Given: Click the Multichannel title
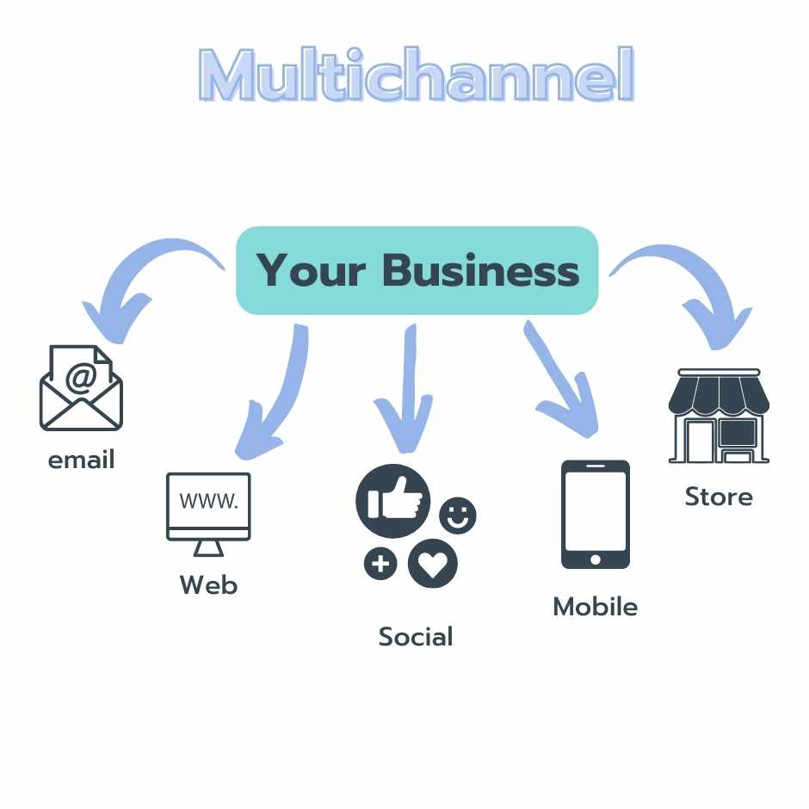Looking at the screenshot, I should coord(417,77).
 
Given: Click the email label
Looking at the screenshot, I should coord(81,460).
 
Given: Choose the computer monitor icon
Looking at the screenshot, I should coord(208,513).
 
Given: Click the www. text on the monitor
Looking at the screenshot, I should coord(208,502).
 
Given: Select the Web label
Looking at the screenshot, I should coord(208,585).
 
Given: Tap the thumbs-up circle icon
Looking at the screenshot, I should coord(392,502).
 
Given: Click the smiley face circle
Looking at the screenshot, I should coord(457,516).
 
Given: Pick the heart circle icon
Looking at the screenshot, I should coord(433,564).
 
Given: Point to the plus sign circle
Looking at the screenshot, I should coord(380,565).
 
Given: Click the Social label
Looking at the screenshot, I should coord(416,637).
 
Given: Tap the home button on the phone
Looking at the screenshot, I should coord(595,559).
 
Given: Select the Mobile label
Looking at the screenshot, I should coord(595,607).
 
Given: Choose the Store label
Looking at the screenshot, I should coord(719,497).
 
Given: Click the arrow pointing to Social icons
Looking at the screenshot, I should coord(403,387).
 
